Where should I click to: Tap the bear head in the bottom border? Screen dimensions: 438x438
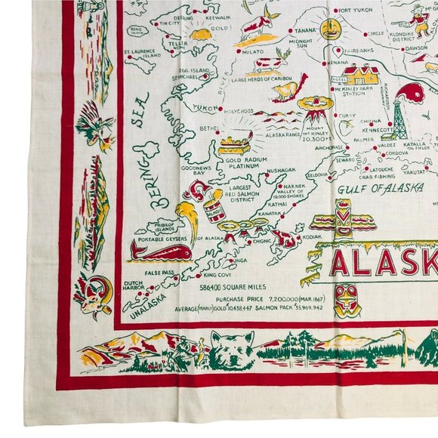pos(227,350)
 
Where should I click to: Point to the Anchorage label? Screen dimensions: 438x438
pos(328,147)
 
